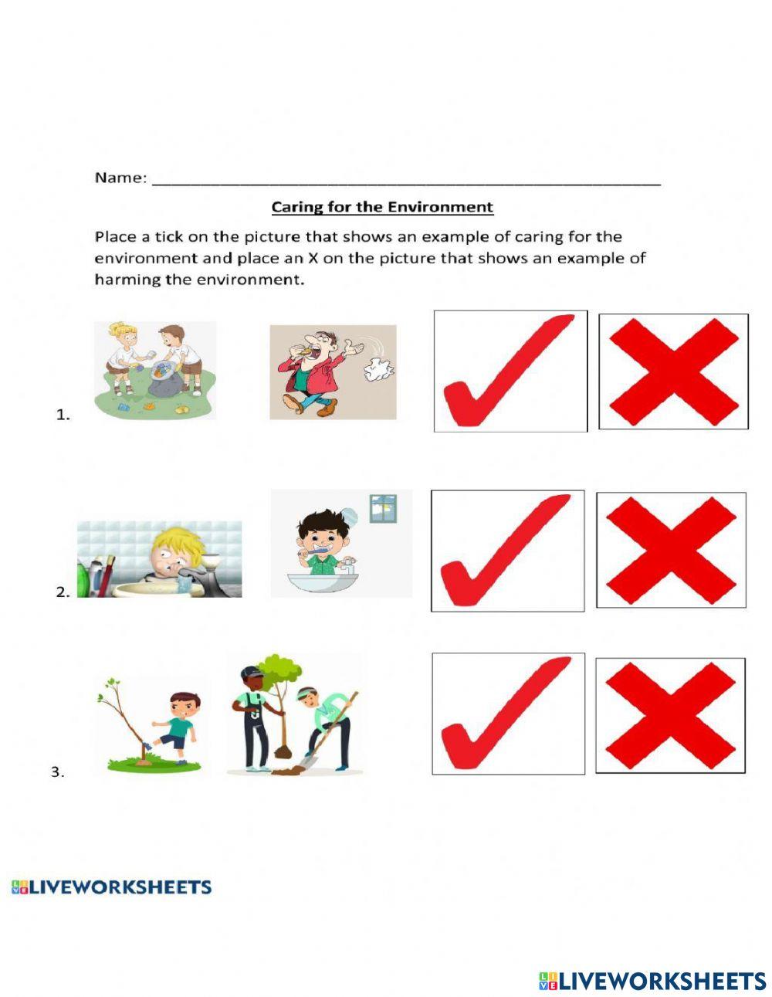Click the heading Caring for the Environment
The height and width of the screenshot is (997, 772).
point(382,207)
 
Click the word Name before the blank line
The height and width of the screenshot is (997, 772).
point(120,178)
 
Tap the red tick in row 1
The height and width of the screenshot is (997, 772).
point(510,371)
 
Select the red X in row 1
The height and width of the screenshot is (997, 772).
point(673,371)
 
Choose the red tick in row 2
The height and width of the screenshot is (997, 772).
point(507,551)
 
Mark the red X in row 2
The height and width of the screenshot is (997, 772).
point(671,550)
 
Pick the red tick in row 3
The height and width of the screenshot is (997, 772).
point(508,714)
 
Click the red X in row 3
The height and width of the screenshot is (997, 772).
point(670,715)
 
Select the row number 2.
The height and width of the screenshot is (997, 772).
point(63,593)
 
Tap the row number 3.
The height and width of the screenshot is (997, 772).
point(57,771)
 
